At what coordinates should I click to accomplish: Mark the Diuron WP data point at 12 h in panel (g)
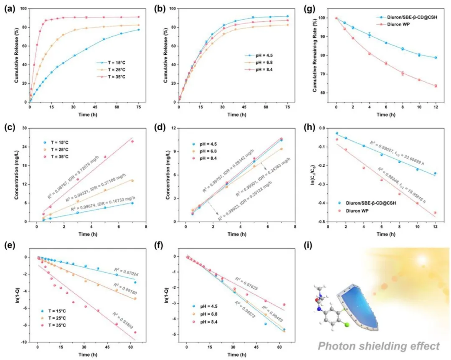coord(436,86)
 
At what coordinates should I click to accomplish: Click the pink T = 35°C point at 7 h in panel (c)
coord(132,141)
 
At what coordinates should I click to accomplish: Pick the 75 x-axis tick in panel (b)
coord(287,107)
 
